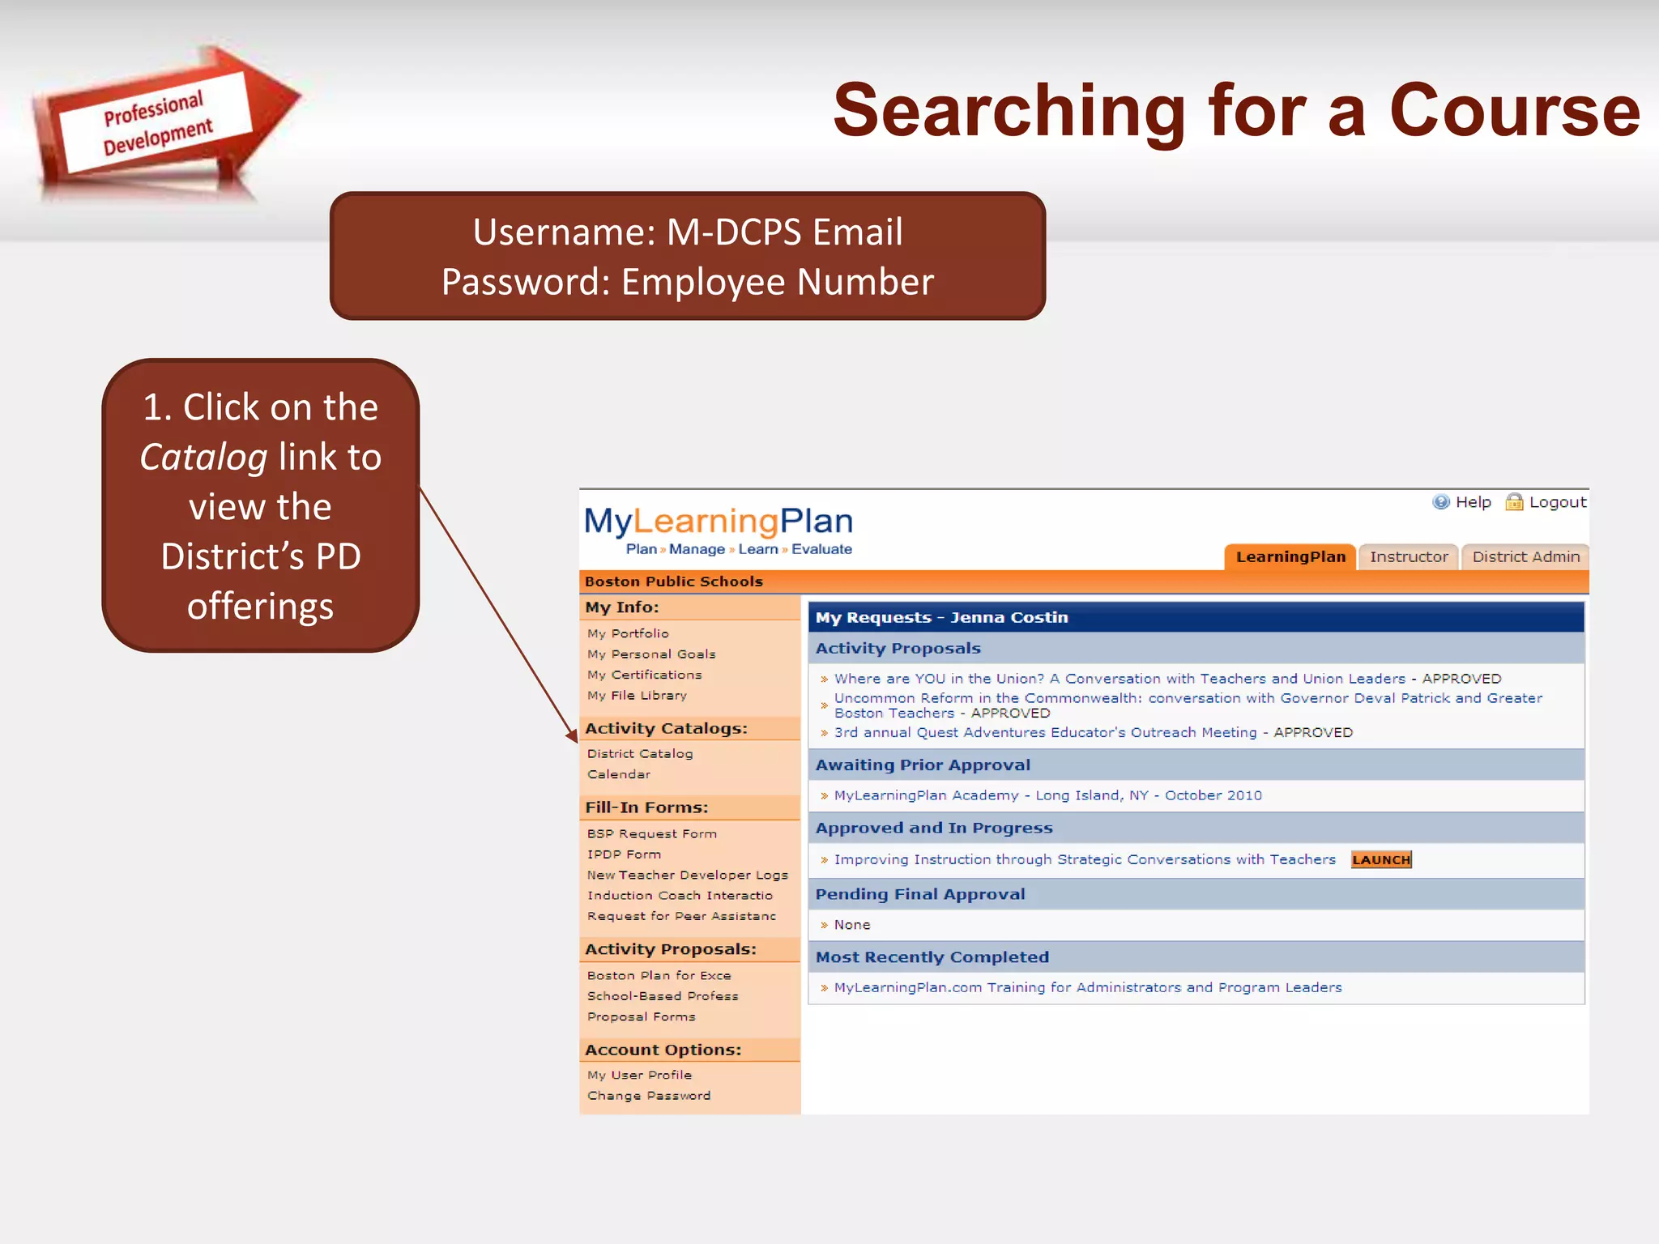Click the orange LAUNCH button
tap(1381, 859)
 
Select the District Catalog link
tap(640, 753)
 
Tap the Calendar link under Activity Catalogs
tap(619, 774)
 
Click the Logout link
tap(1557, 502)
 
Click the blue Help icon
tap(1441, 502)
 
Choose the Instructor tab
tap(1409, 557)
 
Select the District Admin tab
tap(1525, 557)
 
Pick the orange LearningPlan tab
tap(1290, 557)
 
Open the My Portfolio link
tap(628, 633)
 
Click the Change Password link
tap(649, 1096)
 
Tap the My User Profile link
tap(639, 1075)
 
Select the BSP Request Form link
tap(652, 833)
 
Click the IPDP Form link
tap(624, 854)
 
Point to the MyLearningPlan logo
tap(719, 530)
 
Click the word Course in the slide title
tap(1514, 111)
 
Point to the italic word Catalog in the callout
tap(203, 457)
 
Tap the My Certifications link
tap(644, 675)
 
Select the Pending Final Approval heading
tap(920, 894)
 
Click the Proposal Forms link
tap(641, 1016)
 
